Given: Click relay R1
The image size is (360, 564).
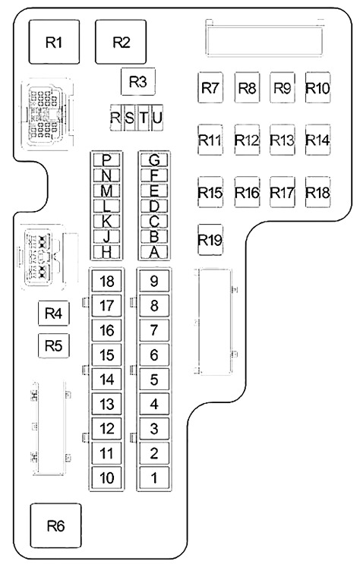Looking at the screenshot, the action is pos(54,42).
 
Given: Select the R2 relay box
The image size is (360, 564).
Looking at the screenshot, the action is pos(121,42).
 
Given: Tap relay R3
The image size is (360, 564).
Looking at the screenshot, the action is pos(138,82).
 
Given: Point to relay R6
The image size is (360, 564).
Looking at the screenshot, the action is pos(55,525).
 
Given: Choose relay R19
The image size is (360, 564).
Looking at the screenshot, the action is pos(210,240).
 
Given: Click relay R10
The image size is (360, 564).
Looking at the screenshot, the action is pos(318,87).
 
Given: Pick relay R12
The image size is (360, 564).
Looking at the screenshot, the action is pos(247,140).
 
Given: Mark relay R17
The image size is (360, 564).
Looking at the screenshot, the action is pos(283,192).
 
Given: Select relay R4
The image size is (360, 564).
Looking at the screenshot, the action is pos(54,314).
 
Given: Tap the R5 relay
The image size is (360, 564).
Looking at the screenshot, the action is pos(54,345).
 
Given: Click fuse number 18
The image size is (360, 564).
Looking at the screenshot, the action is pos(106,281).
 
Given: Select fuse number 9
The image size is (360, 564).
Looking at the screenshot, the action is pos(154,281).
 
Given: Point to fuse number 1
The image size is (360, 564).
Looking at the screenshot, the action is pos(154,477).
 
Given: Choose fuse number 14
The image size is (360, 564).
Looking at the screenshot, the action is pos(106,379).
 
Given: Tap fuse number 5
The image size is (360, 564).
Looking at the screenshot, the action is pos(154,379).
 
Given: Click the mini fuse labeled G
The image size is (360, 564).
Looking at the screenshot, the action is pos(154,159).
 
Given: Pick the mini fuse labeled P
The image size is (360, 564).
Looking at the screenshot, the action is pos(106,159).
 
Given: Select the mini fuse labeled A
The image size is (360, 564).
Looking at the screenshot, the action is pos(154,253).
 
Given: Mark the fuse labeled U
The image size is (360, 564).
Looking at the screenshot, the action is pos(157,118).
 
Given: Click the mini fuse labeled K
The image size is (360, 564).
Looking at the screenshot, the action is pos(106,222).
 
